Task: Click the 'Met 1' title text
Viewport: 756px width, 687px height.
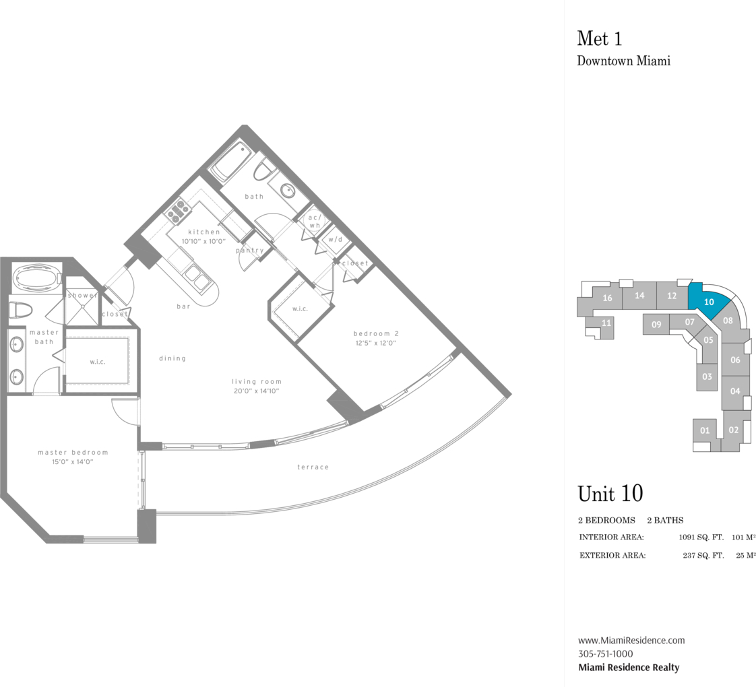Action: click(x=599, y=38)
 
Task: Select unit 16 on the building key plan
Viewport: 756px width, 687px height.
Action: click(x=607, y=298)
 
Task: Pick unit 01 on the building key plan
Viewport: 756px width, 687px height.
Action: click(x=705, y=430)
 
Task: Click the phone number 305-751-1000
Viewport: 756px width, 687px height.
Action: click(x=606, y=654)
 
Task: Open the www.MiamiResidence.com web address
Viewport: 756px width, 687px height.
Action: click(x=631, y=641)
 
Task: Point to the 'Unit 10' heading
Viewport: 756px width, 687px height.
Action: click(x=610, y=493)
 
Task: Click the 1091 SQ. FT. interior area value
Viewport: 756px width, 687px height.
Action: click(x=701, y=537)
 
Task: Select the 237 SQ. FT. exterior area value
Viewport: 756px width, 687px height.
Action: click(x=703, y=556)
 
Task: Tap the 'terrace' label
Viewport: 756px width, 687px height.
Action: click(x=313, y=467)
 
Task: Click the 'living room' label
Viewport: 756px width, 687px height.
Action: click(x=257, y=381)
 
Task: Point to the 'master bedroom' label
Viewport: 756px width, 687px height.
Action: click(x=73, y=452)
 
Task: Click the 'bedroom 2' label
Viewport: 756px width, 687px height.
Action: click(x=376, y=333)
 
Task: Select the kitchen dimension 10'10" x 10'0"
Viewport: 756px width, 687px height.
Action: click(x=203, y=241)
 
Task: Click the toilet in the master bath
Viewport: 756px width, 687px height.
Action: click(x=20, y=310)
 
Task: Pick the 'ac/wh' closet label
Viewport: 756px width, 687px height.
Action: click(x=315, y=222)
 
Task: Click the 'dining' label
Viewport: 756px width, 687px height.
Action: click(x=172, y=358)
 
